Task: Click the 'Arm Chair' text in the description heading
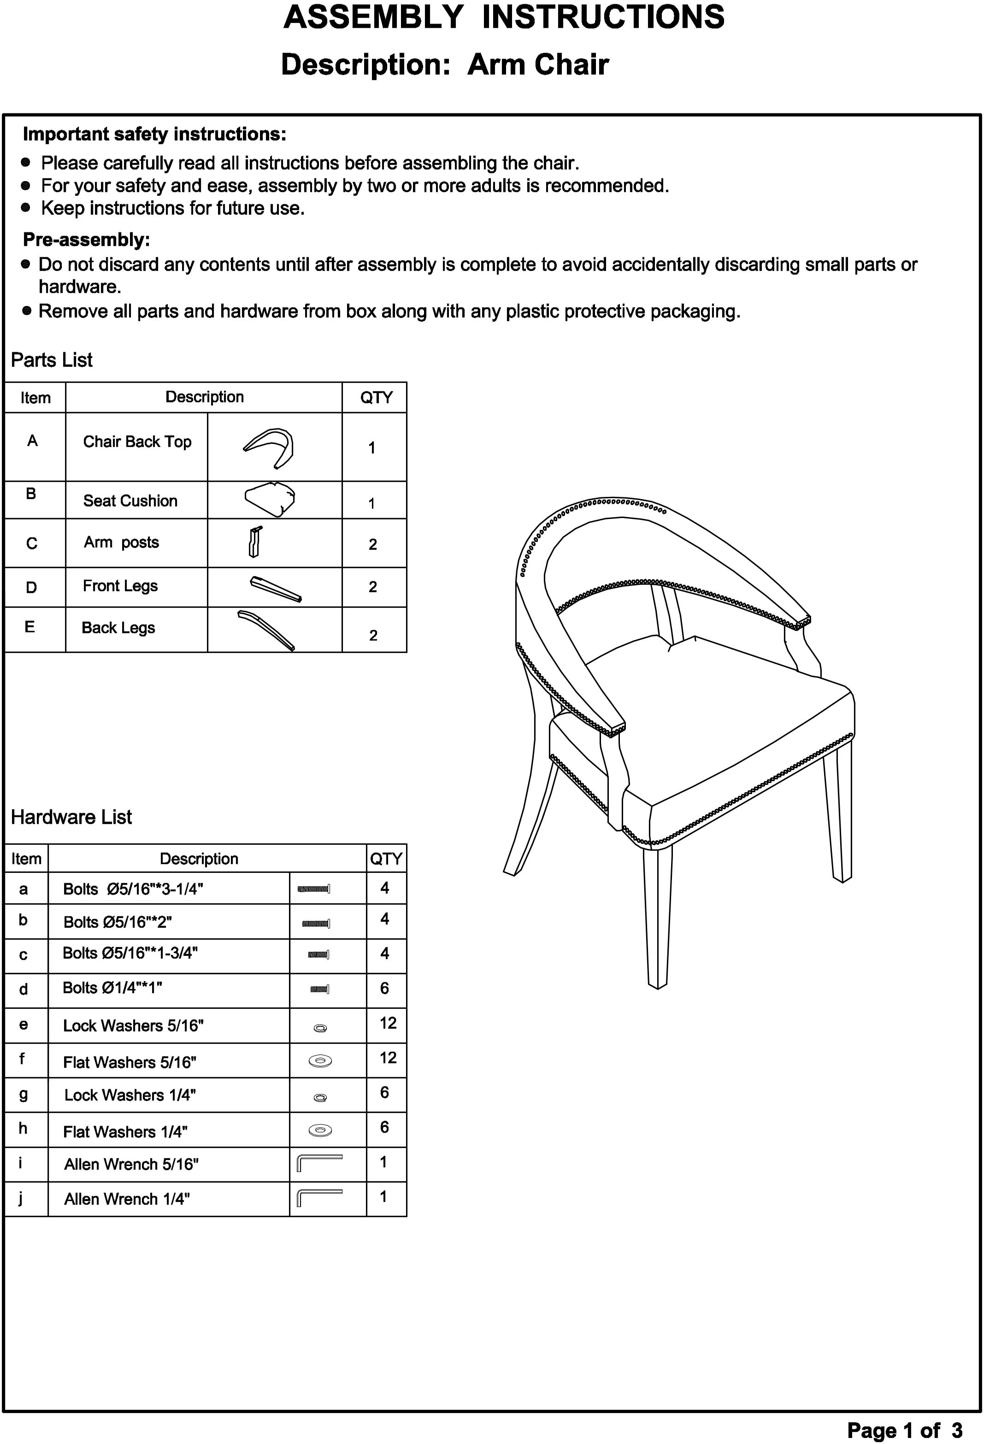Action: point(537,65)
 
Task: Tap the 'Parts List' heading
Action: point(52,360)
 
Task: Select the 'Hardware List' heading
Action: point(71,817)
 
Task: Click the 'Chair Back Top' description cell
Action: point(137,442)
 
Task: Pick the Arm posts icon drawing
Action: point(255,542)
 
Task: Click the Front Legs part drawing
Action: point(275,589)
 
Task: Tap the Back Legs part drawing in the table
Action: point(266,630)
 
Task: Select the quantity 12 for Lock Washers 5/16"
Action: point(387,1023)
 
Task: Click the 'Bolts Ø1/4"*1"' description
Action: point(112,988)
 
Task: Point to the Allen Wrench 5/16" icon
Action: point(320,1162)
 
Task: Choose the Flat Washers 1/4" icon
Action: point(320,1130)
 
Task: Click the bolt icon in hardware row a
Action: point(314,889)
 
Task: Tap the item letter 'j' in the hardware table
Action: point(21,1198)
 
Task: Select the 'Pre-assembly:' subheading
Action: point(86,240)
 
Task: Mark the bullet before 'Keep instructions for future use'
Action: point(25,207)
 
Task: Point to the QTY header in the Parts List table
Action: point(376,398)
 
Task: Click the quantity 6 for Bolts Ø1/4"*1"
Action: point(384,988)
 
